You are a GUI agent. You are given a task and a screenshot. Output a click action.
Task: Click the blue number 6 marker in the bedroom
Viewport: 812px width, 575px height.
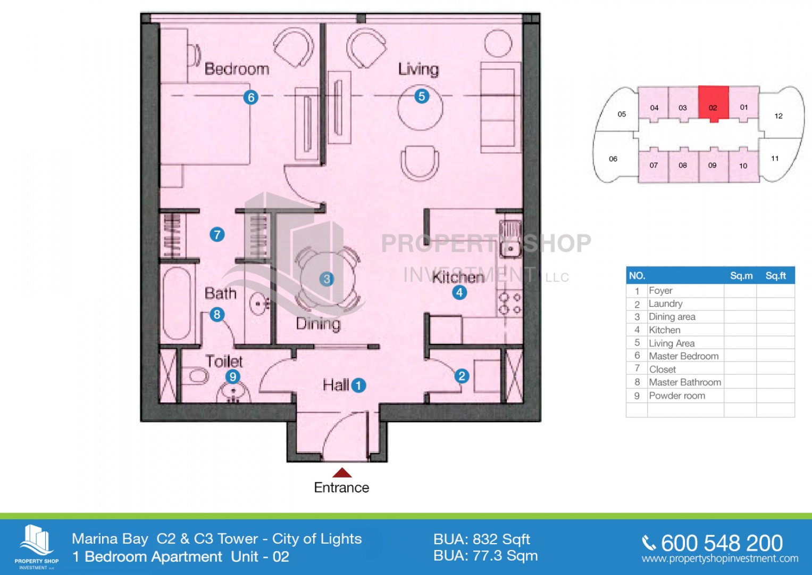pyautogui.click(x=251, y=97)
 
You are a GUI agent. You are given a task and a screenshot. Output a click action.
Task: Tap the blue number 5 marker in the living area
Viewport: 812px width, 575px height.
pyautogui.click(x=422, y=96)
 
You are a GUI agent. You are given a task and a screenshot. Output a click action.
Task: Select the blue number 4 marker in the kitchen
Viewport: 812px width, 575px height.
pyautogui.click(x=459, y=292)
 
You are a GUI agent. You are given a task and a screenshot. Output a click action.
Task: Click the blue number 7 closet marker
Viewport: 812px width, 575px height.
pyautogui.click(x=217, y=234)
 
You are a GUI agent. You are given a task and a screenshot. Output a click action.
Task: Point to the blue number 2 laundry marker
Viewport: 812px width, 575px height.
pyautogui.click(x=462, y=376)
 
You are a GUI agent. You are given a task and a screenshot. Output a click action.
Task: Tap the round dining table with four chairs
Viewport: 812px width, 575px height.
pyautogui.click(x=328, y=279)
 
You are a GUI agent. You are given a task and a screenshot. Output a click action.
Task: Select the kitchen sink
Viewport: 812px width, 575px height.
pyautogui.click(x=510, y=238)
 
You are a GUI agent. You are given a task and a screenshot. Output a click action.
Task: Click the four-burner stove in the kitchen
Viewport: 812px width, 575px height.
pyautogui.click(x=510, y=303)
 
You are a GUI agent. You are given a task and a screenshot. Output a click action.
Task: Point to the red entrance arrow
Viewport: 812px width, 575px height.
pyautogui.click(x=342, y=472)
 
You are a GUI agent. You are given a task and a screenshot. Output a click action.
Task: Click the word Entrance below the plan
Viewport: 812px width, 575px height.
pyautogui.click(x=341, y=488)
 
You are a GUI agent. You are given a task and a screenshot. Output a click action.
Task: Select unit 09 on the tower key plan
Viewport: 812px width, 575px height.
pyautogui.click(x=713, y=165)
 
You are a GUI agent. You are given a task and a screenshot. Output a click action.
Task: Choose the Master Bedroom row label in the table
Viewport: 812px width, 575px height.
pyautogui.click(x=684, y=356)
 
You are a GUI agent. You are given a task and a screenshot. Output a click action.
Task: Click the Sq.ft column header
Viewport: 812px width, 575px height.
pyautogui.click(x=776, y=276)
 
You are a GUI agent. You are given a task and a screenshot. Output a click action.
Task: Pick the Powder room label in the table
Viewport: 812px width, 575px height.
pyautogui.click(x=677, y=396)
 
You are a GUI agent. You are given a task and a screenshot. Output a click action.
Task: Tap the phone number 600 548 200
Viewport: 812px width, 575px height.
pyautogui.click(x=722, y=543)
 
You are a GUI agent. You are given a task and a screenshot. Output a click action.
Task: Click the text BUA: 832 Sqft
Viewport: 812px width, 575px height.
pyautogui.click(x=482, y=539)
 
